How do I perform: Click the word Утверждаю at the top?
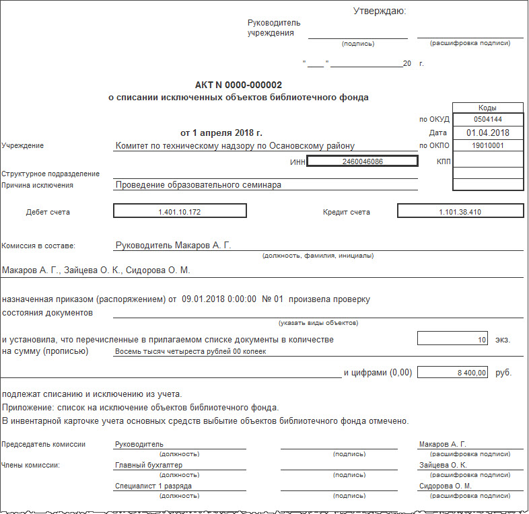(x=380, y=11)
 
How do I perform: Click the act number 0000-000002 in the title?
(x=253, y=85)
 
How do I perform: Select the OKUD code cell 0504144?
(x=487, y=120)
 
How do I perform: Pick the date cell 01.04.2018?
(x=487, y=133)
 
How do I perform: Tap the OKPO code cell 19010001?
(x=487, y=145)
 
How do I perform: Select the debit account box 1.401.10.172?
(x=180, y=212)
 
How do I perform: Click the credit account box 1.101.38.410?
(x=460, y=212)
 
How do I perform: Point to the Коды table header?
(x=487, y=108)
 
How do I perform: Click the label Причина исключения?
(x=37, y=185)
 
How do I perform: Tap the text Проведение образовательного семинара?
(x=198, y=184)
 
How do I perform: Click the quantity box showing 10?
(x=452, y=340)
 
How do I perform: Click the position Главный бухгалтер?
(x=149, y=465)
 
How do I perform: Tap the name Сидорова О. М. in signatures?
(x=445, y=486)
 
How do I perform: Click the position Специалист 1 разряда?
(x=155, y=486)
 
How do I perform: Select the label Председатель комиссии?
(x=44, y=445)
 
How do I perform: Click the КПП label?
(x=442, y=161)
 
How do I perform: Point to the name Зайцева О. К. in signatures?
(x=443, y=465)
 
